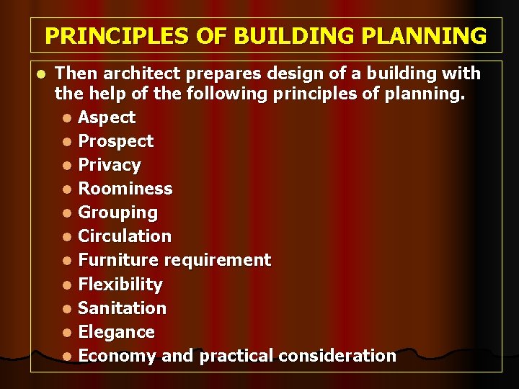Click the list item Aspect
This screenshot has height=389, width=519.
[107, 117]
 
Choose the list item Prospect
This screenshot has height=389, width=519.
[115, 141]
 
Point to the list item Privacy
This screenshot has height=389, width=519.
[110, 165]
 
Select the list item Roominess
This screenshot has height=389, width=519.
[125, 189]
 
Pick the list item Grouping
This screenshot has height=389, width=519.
[117, 213]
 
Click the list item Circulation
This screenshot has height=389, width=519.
[125, 236]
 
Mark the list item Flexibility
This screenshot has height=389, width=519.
[120, 284]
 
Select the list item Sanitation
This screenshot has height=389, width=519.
[122, 308]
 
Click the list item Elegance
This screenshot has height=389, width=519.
[116, 332]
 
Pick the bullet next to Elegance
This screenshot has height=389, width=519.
[66, 333]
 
